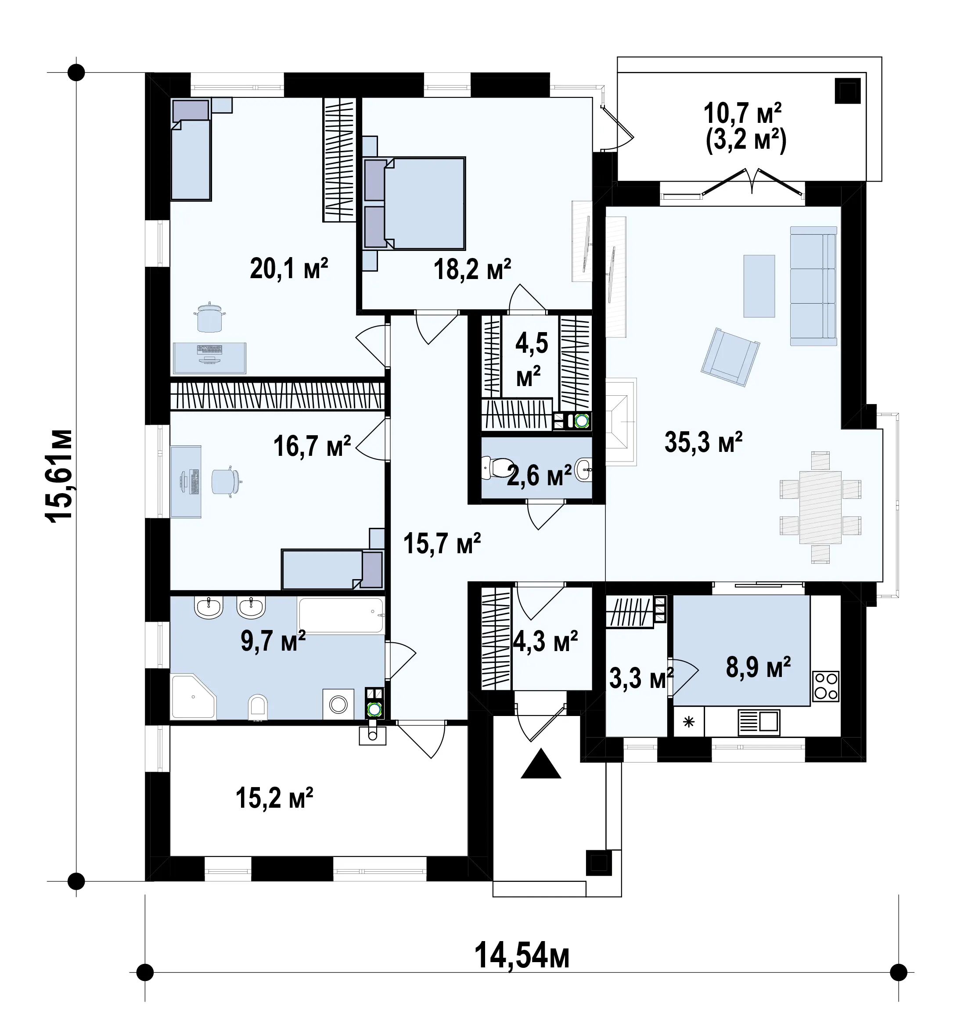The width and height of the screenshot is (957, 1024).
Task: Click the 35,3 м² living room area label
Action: pyautogui.click(x=703, y=442)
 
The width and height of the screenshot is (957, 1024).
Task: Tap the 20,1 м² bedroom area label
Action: pyautogui.click(x=289, y=269)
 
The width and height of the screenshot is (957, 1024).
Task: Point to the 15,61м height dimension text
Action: pyautogui.click(x=59, y=476)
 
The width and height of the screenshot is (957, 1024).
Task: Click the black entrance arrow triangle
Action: pyautogui.click(x=540, y=763)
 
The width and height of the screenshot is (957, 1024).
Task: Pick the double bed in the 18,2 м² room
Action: pyautogui.click(x=414, y=204)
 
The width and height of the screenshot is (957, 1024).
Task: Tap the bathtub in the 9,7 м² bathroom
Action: pyautogui.click(x=341, y=615)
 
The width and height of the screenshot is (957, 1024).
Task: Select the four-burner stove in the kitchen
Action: pyautogui.click(x=826, y=686)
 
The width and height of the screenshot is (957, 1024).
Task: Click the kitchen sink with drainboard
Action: pyautogui.click(x=759, y=722)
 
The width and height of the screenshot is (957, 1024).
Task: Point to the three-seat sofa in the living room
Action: pyautogui.click(x=813, y=286)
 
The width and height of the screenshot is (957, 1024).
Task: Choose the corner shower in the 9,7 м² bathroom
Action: pyautogui.click(x=193, y=696)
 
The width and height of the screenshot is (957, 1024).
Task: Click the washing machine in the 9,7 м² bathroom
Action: pyautogui.click(x=338, y=704)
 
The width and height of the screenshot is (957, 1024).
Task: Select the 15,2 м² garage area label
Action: pyautogui.click(x=274, y=798)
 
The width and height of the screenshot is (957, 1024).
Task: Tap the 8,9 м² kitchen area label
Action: pyautogui.click(x=758, y=668)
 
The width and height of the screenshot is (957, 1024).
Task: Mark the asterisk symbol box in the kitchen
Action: pyautogui.click(x=688, y=722)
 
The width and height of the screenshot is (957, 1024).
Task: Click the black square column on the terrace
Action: pyautogui.click(x=848, y=91)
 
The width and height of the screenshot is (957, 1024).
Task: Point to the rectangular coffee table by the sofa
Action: pyautogui.click(x=759, y=286)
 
